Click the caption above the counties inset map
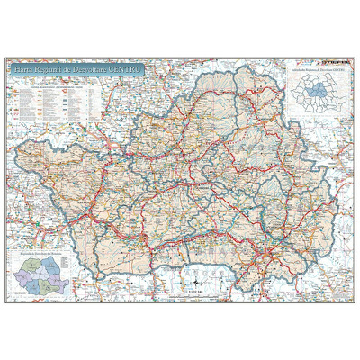315,69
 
